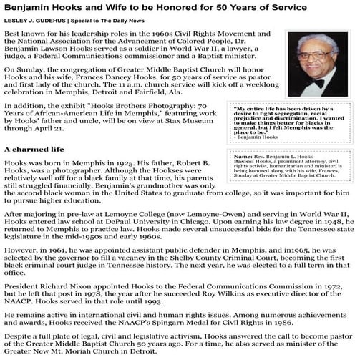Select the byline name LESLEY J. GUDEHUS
click(39, 21)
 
